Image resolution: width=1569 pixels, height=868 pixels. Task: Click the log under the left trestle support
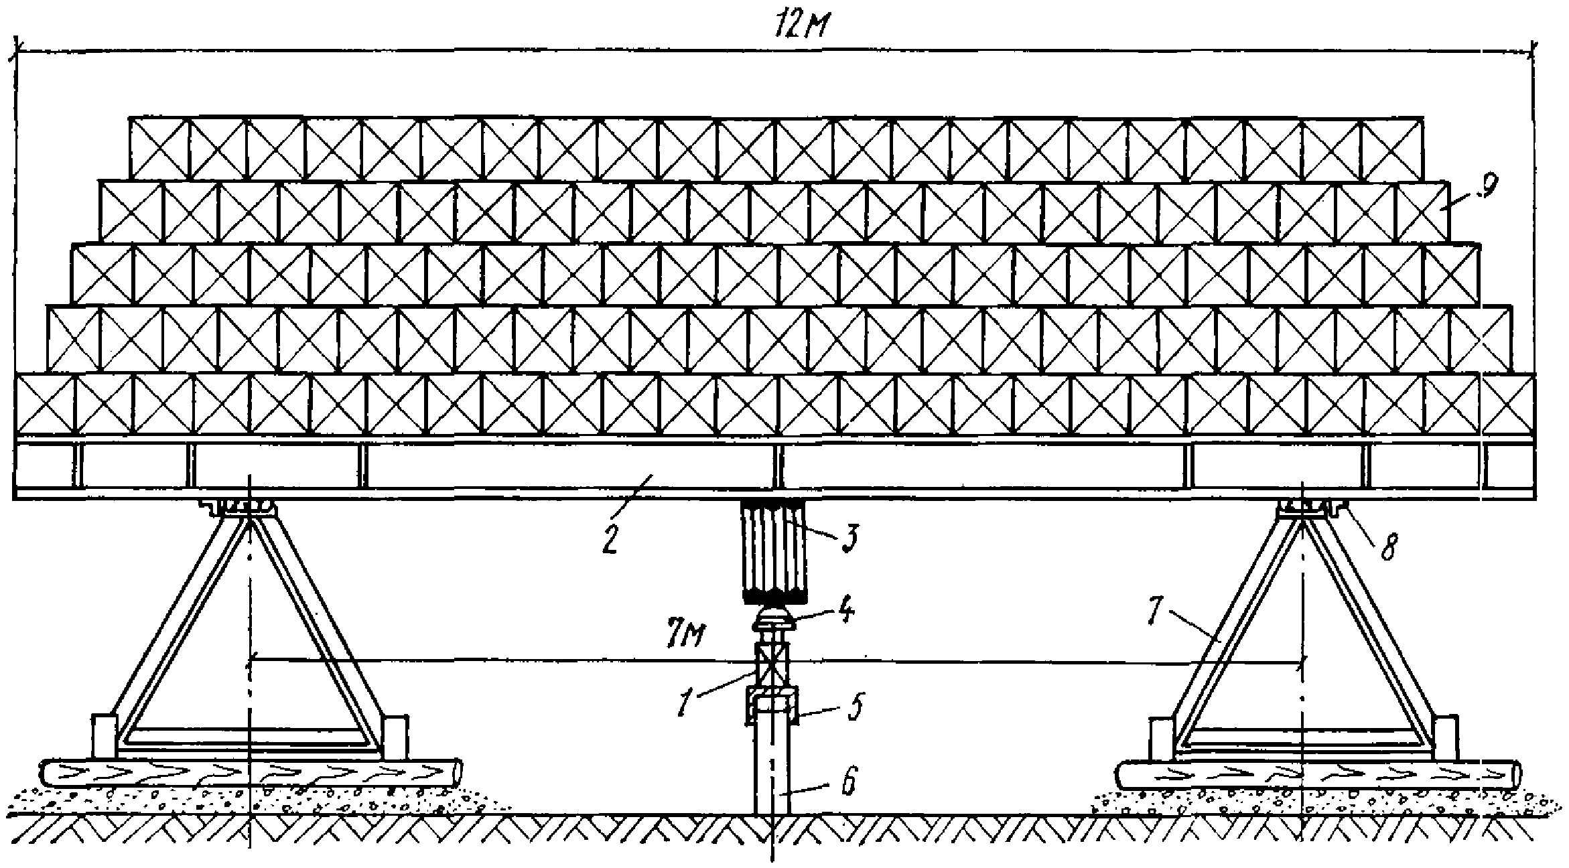[x=251, y=774]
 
